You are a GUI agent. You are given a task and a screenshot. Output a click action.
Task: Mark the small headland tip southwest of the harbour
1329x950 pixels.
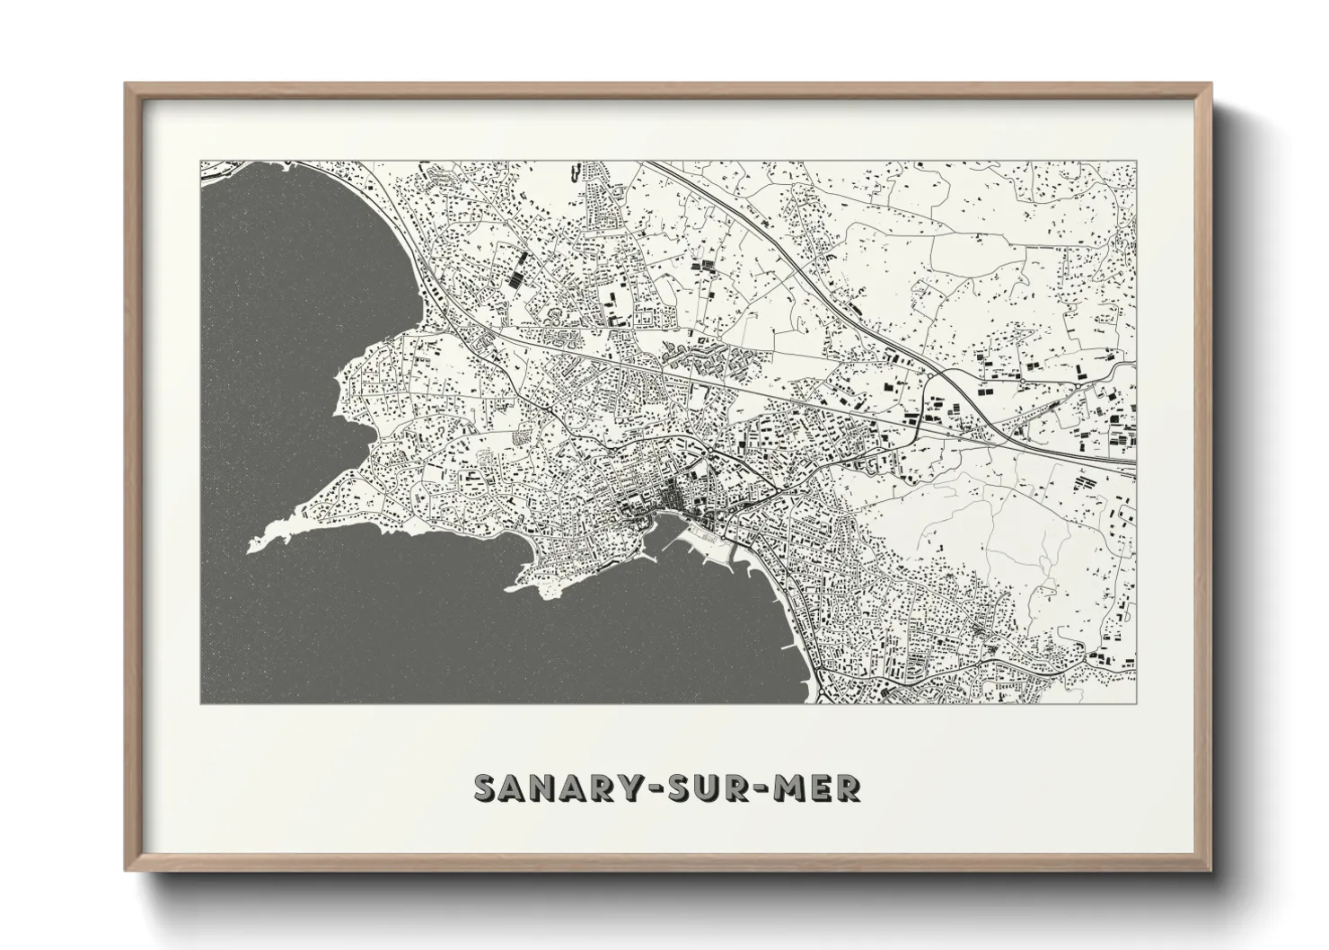tap(508, 590)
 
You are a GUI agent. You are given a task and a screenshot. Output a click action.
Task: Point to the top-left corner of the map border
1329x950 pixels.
tap(200, 162)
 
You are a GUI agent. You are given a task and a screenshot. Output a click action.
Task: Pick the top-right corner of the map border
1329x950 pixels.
tap(1137, 162)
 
